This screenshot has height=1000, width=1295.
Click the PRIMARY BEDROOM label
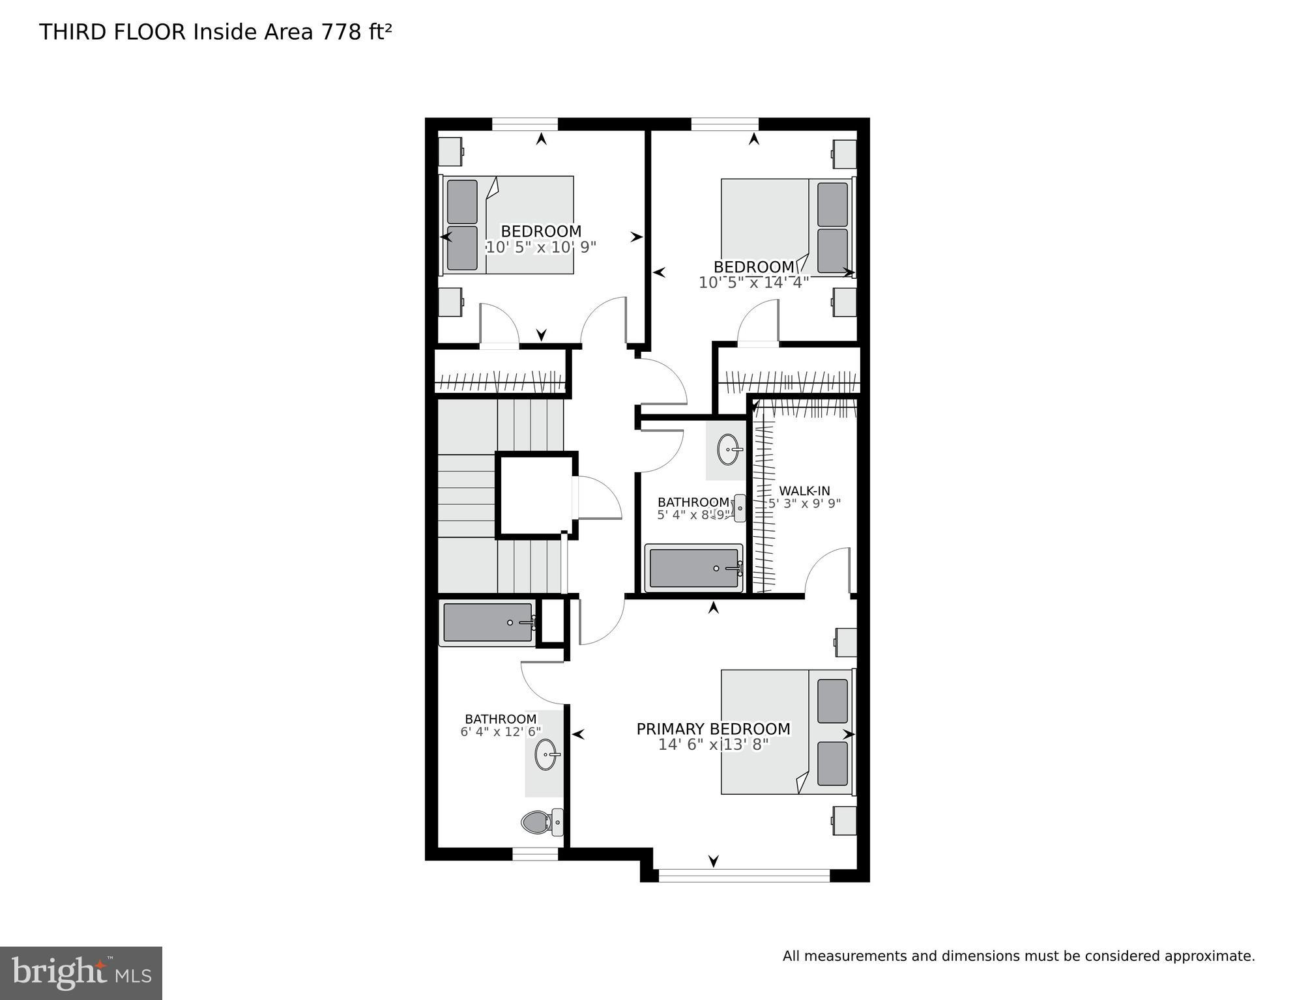(x=713, y=729)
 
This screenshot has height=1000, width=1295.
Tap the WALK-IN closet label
(x=804, y=491)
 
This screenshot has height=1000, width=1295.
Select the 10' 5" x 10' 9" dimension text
(x=541, y=247)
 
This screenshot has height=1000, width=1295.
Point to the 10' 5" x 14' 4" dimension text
(x=753, y=283)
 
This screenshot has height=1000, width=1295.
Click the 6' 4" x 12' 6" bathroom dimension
(x=501, y=732)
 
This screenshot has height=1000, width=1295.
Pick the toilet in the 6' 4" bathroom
(x=542, y=822)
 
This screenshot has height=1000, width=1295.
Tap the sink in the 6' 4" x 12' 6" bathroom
(x=547, y=755)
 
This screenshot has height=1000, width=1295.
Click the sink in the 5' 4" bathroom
(x=729, y=449)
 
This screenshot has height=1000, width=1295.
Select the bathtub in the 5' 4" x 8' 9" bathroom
(x=694, y=568)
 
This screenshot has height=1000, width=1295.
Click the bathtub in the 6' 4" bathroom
(x=487, y=623)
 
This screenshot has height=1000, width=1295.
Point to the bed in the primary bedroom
(x=787, y=732)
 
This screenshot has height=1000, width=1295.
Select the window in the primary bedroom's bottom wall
(x=744, y=875)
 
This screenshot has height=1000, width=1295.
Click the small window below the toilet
(x=535, y=853)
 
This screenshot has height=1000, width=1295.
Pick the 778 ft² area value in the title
(x=356, y=32)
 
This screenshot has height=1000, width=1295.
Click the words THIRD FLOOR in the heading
(x=113, y=32)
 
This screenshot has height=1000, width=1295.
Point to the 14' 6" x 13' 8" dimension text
(x=713, y=745)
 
